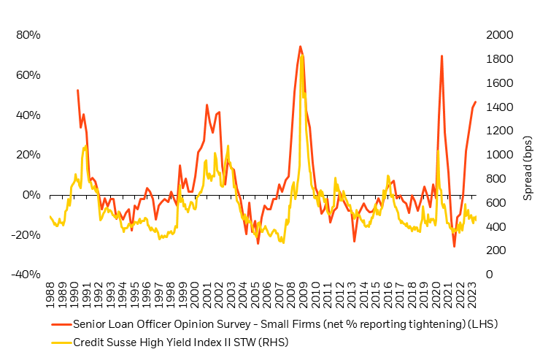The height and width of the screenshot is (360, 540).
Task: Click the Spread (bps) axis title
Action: pyautogui.click(x=527, y=155)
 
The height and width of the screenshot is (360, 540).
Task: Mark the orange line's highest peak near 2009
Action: pyautogui.click(x=300, y=46)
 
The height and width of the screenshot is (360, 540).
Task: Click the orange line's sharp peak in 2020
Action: pyautogui.click(x=441, y=55)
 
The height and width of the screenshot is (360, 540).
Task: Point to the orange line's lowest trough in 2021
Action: pyautogui.click(x=454, y=247)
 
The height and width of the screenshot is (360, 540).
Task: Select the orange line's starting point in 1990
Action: pyautogui.click(x=77, y=90)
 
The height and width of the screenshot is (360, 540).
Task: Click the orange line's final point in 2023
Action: pyautogui.click(x=475, y=102)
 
